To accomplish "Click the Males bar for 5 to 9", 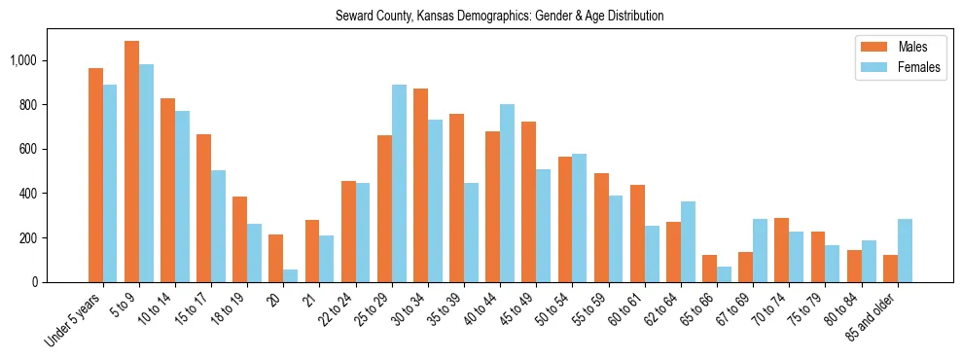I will coord(131,162).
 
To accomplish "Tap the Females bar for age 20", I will coord(290,275).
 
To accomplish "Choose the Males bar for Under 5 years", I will coord(95,175).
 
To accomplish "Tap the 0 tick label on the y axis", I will coord(38,282).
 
